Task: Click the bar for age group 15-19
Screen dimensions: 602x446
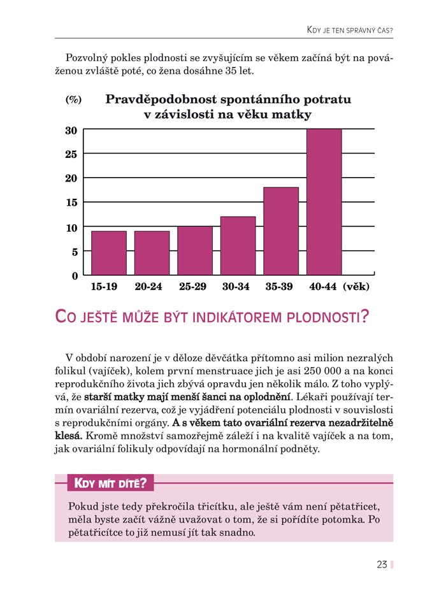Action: [x=109, y=253]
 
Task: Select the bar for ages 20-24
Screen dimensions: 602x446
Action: [x=152, y=253]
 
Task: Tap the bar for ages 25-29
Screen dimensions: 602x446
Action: [x=195, y=250]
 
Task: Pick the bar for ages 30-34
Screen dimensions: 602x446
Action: [x=238, y=246]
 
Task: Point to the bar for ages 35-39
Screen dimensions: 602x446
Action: [x=281, y=231]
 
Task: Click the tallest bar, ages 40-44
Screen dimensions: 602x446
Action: [x=324, y=202]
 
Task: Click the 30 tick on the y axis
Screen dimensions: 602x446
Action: [x=71, y=131]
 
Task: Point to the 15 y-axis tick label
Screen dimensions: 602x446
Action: [x=71, y=203]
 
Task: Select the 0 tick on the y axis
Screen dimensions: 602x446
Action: [x=75, y=276]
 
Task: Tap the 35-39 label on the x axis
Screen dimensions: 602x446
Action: [x=279, y=287]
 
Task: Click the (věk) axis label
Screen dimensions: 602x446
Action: [x=356, y=287]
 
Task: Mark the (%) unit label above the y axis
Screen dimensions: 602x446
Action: [x=73, y=100]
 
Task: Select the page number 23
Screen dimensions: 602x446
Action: [x=382, y=564]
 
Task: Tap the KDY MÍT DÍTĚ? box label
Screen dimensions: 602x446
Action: [x=110, y=484]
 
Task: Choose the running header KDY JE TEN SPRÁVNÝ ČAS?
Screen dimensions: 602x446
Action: [x=349, y=30]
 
